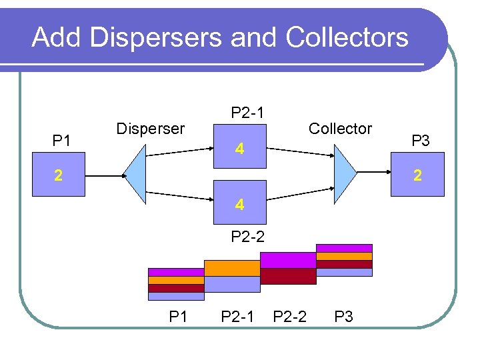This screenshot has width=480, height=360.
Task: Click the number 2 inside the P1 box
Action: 59,176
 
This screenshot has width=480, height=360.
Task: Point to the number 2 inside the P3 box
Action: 417,176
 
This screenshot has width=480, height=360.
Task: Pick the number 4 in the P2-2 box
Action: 239,205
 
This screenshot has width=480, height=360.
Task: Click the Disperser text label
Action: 150,129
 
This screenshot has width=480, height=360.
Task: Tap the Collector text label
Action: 340,129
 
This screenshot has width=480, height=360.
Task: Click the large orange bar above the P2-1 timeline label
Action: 231,268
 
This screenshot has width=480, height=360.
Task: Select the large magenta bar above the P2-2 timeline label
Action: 287,260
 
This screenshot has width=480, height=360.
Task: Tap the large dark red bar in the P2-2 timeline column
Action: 287,276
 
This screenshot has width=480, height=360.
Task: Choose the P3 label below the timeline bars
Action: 343,317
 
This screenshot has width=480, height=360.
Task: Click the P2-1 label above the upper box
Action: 247,113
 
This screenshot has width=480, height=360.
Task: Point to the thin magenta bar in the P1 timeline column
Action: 175,272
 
